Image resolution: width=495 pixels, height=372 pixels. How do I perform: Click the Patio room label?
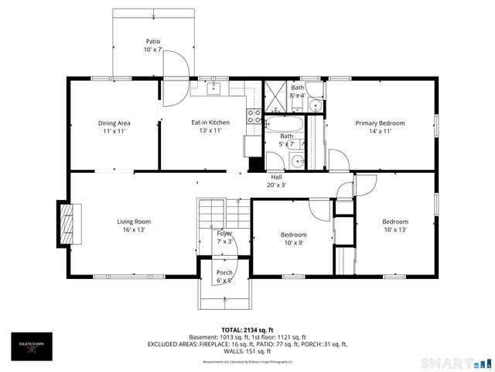coord(153,46)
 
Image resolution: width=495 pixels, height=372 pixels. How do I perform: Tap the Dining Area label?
coord(114,127)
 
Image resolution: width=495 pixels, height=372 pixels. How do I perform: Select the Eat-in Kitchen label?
coord(210,127)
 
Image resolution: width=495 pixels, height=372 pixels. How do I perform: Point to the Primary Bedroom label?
coord(380,127)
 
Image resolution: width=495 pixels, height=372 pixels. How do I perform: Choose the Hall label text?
coord(276,181)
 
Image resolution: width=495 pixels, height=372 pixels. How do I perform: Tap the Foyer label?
coord(224,237)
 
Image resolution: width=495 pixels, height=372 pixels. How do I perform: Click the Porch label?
coord(224,276)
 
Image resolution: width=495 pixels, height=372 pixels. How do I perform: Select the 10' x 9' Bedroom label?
coord(293,239)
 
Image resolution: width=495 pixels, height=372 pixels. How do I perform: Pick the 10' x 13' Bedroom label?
coord(394,226)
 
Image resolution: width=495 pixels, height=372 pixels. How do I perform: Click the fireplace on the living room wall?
coord(68,224)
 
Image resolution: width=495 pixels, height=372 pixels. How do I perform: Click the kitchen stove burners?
coord(253,116)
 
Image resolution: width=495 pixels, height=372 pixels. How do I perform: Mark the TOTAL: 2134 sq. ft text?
coord(247,329)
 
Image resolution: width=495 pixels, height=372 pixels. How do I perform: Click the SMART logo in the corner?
coord(456,363)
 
